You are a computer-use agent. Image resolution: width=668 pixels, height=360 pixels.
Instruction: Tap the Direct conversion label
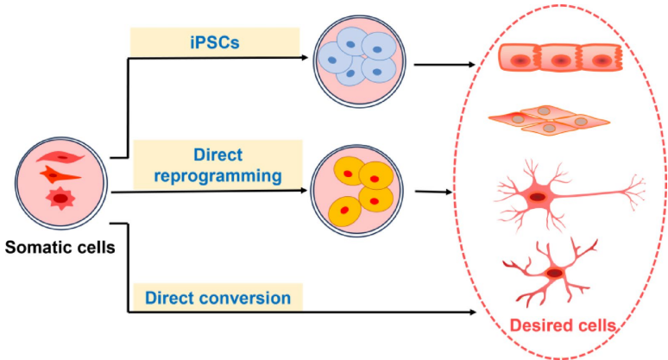click(217, 298)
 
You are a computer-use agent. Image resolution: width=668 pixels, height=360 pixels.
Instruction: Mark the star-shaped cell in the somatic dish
click(60, 199)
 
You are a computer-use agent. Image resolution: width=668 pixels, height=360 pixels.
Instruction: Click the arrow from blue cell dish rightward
click(444, 64)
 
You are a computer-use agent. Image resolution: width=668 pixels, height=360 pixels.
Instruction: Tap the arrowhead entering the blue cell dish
click(306, 58)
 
